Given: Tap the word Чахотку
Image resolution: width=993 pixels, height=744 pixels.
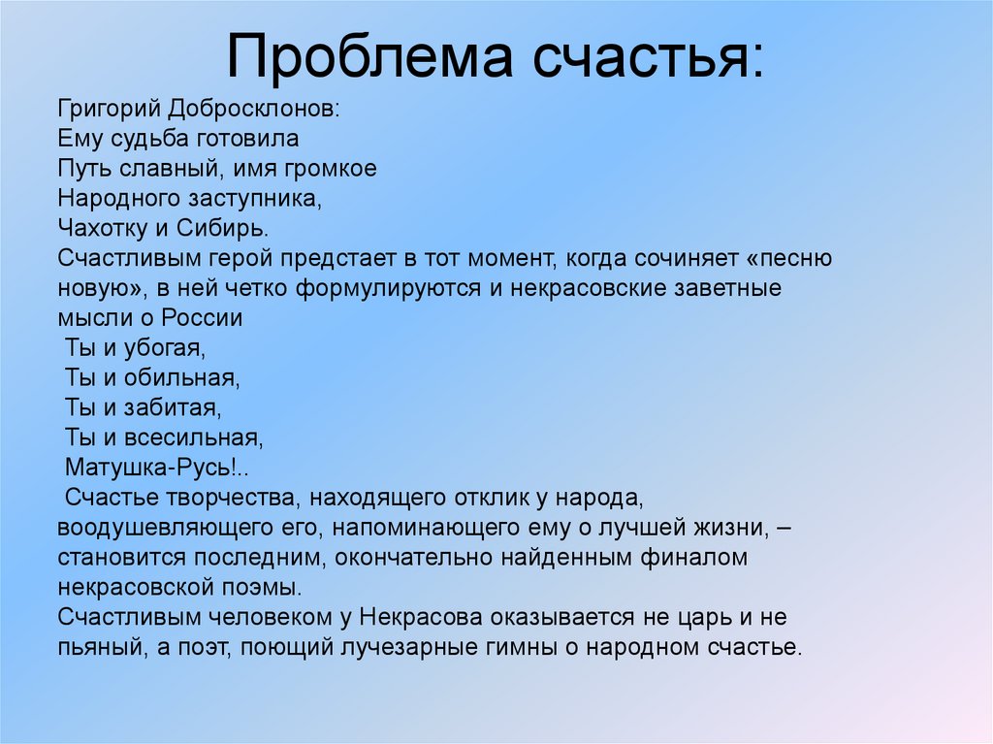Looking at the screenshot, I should (x=100, y=228).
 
